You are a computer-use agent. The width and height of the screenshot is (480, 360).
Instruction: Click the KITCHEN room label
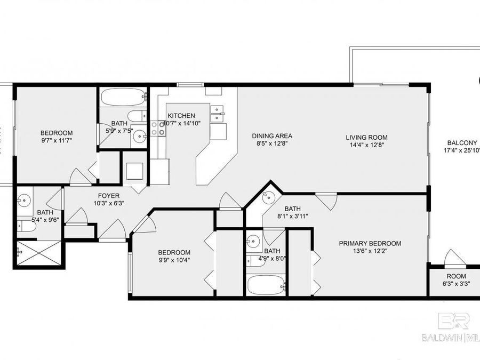click(181, 116)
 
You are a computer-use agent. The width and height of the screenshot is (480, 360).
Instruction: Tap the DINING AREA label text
click(272, 136)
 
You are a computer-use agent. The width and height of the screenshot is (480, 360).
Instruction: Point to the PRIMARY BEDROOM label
click(370, 244)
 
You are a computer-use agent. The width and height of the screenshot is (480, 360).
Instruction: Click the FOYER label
click(108, 196)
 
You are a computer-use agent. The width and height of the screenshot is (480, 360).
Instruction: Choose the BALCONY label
click(462, 142)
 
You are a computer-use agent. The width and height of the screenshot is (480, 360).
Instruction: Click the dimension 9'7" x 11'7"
click(57, 140)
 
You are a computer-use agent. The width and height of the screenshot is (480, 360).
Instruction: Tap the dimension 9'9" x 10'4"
click(174, 260)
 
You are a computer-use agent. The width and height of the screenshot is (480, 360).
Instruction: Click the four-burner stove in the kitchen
click(158, 128)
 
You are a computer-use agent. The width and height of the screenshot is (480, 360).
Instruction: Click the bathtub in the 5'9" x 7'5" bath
click(124, 97)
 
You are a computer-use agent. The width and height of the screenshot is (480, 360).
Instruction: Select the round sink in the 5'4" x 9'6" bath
click(24, 201)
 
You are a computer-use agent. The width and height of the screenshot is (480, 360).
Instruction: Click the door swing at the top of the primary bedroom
click(326, 201)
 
